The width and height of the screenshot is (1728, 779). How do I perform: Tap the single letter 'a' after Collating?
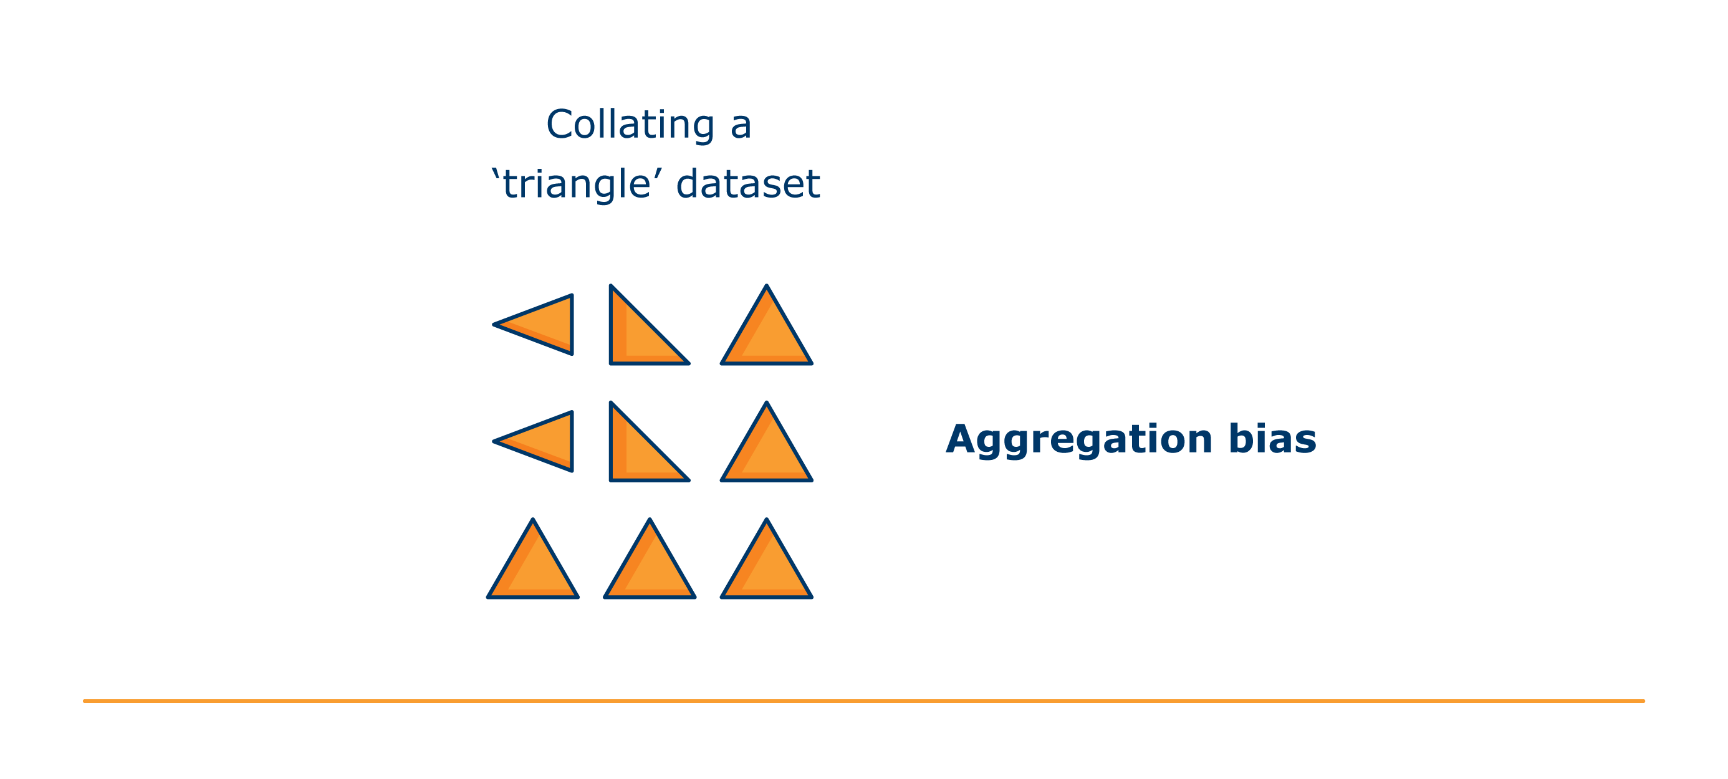pyautogui.click(x=741, y=127)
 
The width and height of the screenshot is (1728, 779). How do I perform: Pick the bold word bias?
pyautogui.click(x=1272, y=439)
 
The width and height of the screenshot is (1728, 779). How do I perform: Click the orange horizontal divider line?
pyautogui.click(x=864, y=701)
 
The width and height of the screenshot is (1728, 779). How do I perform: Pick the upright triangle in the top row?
pyautogui.click(x=767, y=335)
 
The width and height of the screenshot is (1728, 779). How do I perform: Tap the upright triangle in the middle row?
pyautogui.click(x=767, y=452)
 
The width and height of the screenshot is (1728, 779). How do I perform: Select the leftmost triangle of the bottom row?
pyautogui.click(x=532, y=569)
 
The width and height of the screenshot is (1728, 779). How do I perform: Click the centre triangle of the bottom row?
pyautogui.click(x=650, y=569)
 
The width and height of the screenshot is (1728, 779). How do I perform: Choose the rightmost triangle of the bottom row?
pyautogui.click(x=767, y=569)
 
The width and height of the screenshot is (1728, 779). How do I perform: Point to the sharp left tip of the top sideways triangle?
pyautogui.click(x=494, y=325)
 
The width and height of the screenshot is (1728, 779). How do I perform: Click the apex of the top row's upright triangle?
pyautogui.click(x=767, y=285)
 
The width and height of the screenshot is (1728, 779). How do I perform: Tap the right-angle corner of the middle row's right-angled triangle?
pyautogui.click(x=611, y=480)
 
